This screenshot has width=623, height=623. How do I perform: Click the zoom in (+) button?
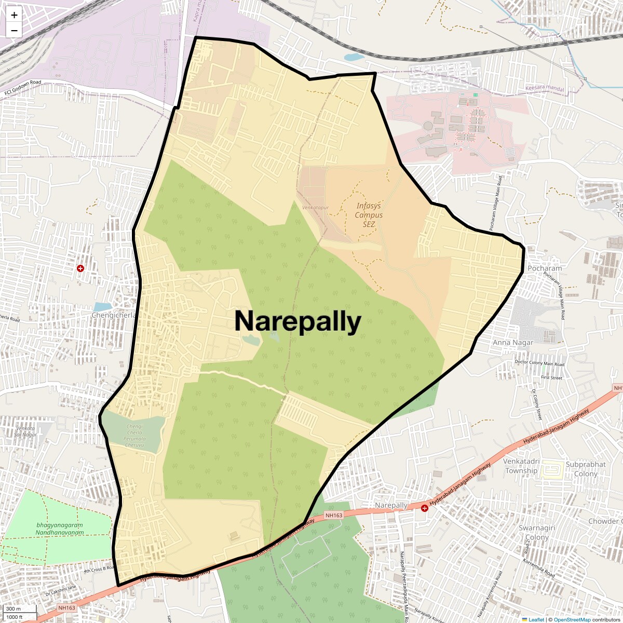tap(14, 15)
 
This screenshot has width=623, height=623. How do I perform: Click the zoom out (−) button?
tap(14, 30)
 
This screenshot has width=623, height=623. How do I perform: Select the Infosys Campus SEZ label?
tap(369, 215)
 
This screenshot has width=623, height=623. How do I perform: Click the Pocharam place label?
tap(545, 268)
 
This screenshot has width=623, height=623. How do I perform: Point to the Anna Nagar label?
tap(512, 343)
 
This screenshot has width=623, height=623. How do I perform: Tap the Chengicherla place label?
tap(114, 315)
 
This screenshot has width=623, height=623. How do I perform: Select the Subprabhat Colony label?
tap(586, 469)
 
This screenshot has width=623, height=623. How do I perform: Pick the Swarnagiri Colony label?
tap(537, 533)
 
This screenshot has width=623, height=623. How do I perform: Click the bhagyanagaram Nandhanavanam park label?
tap(60, 529)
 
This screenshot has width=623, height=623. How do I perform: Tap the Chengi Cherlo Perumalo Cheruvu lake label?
tap(134, 433)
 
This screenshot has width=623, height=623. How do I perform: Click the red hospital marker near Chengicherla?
tap(80, 268)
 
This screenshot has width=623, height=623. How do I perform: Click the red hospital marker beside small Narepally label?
tap(425, 508)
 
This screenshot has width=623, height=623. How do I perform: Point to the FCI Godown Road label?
tap(22, 88)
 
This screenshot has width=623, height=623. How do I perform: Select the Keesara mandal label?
tap(544, 89)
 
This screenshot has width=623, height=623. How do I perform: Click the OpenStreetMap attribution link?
tap(572, 619)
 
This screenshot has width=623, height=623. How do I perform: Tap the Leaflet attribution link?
tap(536, 619)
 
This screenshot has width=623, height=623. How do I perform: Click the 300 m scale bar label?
tap(14, 609)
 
